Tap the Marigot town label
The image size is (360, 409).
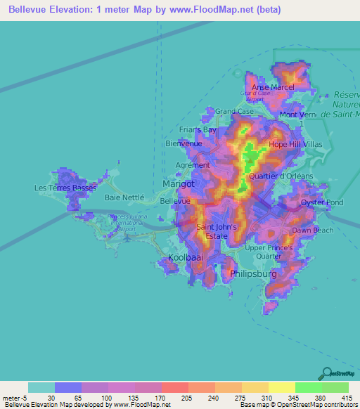(x=178, y=183)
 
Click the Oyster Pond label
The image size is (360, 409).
(x=321, y=203)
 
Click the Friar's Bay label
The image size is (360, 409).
(x=198, y=130)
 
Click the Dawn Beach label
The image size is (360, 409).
(x=313, y=230)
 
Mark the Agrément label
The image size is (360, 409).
(x=193, y=165)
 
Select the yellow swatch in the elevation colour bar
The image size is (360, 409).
(x=281, y=387)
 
